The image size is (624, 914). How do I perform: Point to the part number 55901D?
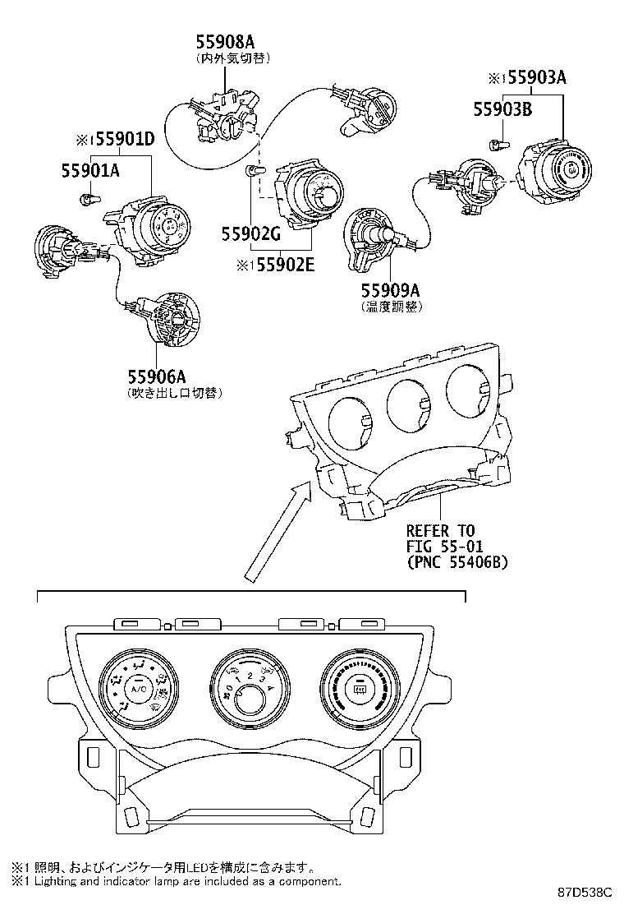coord(121,139)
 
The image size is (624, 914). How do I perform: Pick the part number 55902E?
coord(277,265)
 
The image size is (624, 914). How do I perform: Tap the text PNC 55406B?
coord(457,563)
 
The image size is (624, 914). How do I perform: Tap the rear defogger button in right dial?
coord(358,689)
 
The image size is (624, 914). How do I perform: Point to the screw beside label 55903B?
coord(495,146)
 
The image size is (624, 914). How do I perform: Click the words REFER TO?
coord(441,530)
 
